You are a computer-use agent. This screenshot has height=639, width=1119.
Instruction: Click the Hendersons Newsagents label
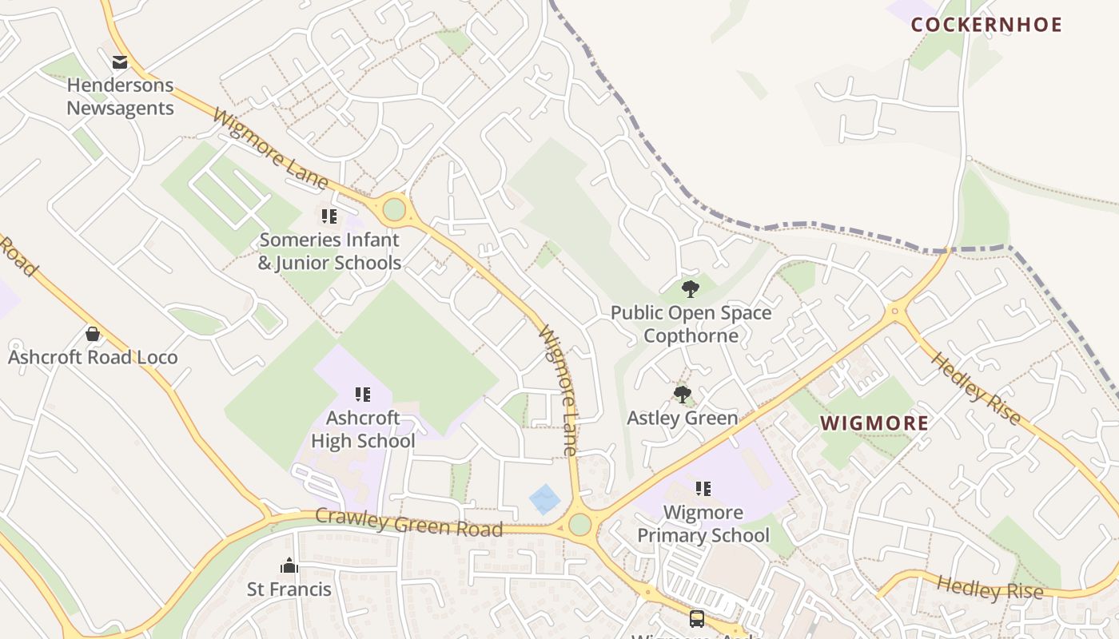[x=120, y=97]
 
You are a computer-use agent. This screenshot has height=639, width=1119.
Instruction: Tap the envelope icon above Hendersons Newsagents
[x=120, y=62]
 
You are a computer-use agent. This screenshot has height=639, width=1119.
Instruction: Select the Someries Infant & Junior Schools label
[x=329, y=252]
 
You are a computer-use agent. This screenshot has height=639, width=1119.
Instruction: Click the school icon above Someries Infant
[x=329, y=216]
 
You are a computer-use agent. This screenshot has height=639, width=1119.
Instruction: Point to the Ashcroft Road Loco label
[x=93, y=357]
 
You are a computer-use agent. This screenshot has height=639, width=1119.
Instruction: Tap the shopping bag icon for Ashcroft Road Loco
[x=93, y=334]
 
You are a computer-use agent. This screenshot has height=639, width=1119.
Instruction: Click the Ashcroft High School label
[x=363, y=430]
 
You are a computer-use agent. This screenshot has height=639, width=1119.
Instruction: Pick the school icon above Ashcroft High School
[x=363, y=394]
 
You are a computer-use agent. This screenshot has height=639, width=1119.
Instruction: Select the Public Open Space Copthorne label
[x=691, y=323]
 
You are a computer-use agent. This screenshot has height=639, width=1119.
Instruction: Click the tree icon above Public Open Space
[x=691, y=288]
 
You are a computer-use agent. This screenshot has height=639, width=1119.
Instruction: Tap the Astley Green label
[x=682, y=418]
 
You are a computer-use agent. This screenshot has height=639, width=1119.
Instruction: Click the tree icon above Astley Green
[x=682, y=394]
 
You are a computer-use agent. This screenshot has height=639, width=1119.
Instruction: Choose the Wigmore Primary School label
[x=703, y=524]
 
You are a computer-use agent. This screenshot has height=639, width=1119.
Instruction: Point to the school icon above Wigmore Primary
[x=703, y=488]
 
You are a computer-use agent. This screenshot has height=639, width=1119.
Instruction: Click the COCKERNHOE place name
[x=986, y=25]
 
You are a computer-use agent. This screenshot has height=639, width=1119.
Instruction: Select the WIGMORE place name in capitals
[x=875, y=423]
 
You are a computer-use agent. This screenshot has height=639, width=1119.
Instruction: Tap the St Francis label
[x=289, y=589]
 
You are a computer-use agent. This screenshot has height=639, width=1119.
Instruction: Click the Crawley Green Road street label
[x=408, y=522]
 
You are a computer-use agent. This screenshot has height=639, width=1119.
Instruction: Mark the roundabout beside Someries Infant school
[x=394, y=210]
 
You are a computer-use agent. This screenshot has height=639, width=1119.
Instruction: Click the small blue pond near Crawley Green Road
[x=545, y=499]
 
